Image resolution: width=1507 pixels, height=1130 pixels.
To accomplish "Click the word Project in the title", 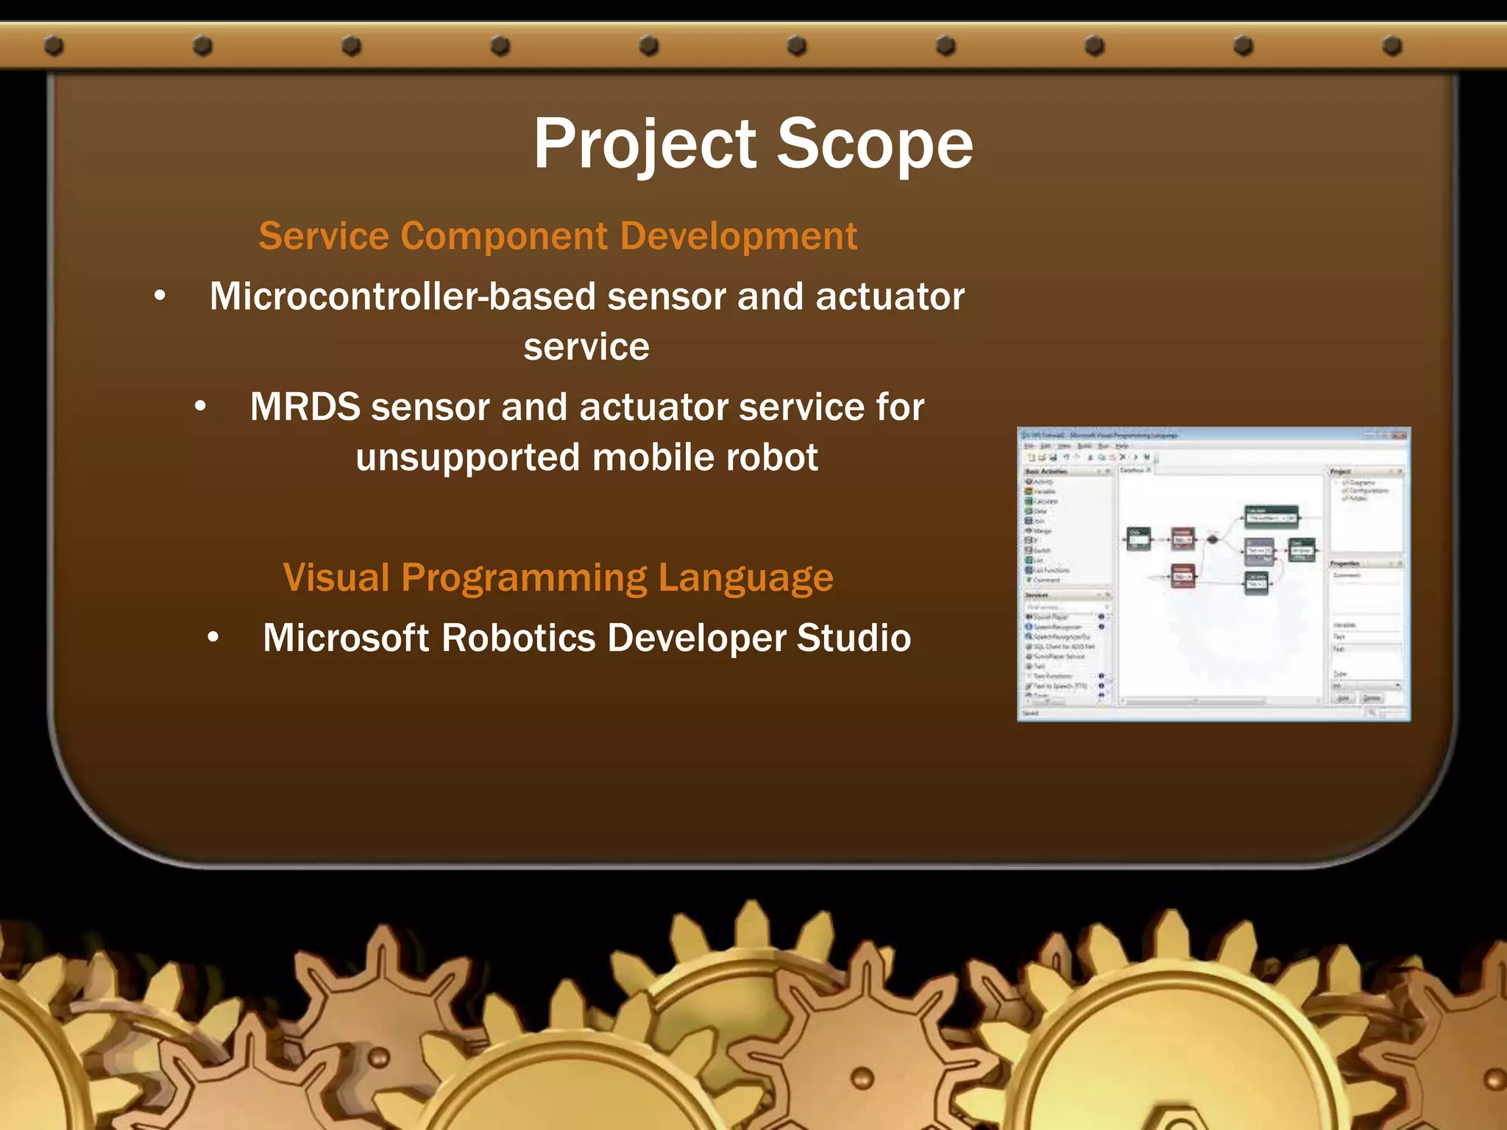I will tap(645, 144).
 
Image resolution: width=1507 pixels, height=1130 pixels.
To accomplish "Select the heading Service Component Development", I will tap(558, 236).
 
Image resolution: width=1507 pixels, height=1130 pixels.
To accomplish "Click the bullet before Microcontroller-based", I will tap(160, 296).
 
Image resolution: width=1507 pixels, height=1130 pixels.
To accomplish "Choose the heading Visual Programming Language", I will tap(558, 578).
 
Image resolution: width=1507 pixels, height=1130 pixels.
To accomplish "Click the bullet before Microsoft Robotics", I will tap(213, 638).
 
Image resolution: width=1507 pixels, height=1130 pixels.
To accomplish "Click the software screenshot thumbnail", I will tap(1213, 574).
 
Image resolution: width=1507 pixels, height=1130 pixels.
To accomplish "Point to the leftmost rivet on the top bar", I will tap(54, 46).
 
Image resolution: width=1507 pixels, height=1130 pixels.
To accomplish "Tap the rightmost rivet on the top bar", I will tap(1391, 46).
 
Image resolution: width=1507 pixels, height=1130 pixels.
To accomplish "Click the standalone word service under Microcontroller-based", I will tap(586, 347).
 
